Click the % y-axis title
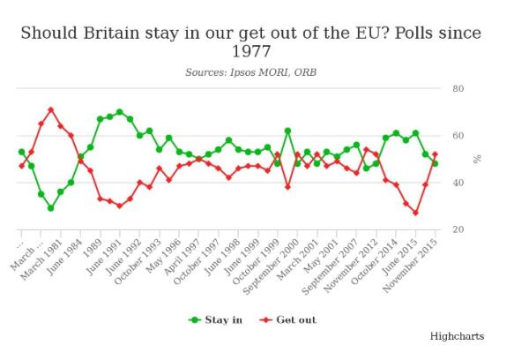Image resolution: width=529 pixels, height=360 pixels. pos(477,159)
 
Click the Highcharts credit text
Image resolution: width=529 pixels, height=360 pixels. pos(457,336)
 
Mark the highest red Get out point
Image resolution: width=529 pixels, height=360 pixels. pos(51,109)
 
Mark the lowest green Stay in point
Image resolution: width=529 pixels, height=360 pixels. pos(51,208)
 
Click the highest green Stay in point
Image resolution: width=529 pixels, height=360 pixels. pos(120,112)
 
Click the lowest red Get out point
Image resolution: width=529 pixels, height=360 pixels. pos(415,213)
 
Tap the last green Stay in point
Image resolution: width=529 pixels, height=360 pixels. pos(435,163)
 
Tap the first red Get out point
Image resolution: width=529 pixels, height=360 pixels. pos(22,166)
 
